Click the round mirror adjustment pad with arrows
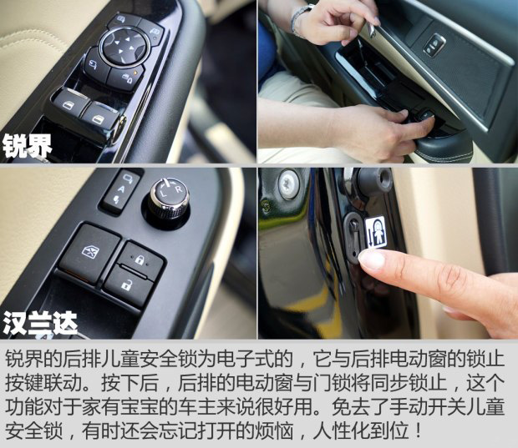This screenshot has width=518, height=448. [124, 47]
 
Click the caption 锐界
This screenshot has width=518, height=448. [27, 146]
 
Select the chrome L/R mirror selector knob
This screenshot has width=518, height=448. [169, 197]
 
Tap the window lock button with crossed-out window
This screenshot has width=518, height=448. [90, 253]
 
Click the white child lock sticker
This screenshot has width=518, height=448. [376, 232]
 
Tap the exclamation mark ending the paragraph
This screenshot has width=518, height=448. [419, 431]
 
